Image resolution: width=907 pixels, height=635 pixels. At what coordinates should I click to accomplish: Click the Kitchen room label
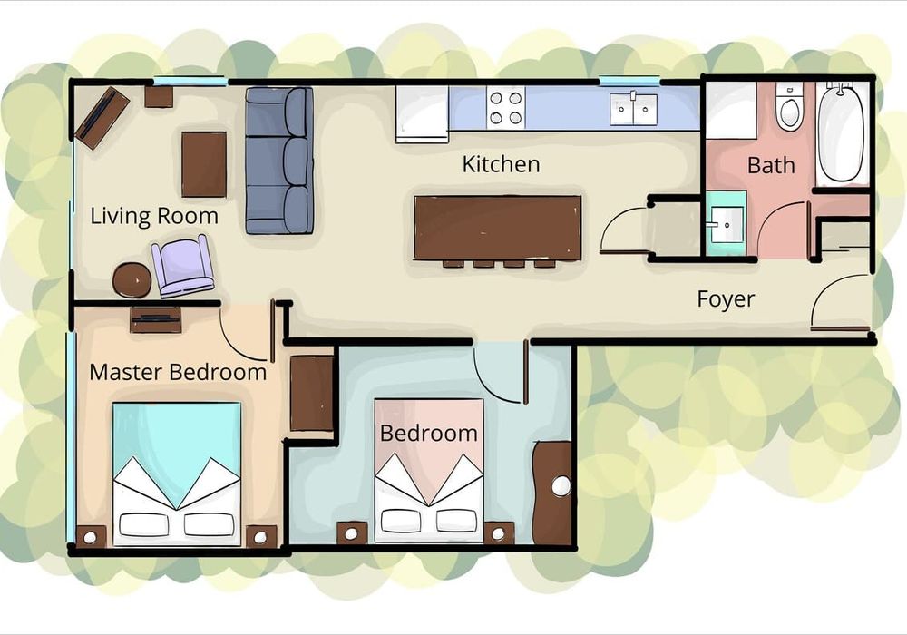pyautogui.click(x=501, y=164)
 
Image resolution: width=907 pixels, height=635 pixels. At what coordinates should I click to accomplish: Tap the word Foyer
pyautogui.click(x=726, y=299)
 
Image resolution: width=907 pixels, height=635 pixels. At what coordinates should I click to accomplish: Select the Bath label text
pyautogui.click(x=771, y=165)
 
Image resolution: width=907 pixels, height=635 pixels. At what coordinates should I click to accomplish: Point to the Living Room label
pyautogui.click(x=154, y=216)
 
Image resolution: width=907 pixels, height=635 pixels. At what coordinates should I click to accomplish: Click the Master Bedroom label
pyautogui.click(x=178, y=372)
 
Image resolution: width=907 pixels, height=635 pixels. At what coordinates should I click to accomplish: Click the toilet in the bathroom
pyautogui.click(x=788, y=106)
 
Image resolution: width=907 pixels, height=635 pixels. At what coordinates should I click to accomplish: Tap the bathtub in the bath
pyautogui.click(x=841, y=133)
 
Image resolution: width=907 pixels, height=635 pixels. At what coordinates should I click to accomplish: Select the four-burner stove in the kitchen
pyautogui.click(x=505, y=108)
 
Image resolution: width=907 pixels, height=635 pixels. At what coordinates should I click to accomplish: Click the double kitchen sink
pyautogui.click(x=633, y=109)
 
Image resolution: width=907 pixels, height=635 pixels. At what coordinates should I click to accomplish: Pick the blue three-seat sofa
pyautogui.click(x=279, y=161)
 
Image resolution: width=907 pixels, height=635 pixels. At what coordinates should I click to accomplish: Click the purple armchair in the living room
pyautogui.click(x=182, y=267)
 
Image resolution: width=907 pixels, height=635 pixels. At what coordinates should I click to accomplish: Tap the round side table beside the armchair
pyautogui.click(x=132, y=280)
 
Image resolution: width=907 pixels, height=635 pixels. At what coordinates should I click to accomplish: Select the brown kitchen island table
pyautogui.click(x=497, y=229)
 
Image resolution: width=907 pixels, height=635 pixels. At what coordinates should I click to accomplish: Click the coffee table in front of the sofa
pyautogui.click(x=203, y=165)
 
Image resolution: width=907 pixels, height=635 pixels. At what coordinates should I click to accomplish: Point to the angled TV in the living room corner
pyautogui.click(x=102, y=117)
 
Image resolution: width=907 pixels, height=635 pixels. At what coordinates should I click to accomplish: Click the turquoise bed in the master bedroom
pyautogui.click(x=177, y=474)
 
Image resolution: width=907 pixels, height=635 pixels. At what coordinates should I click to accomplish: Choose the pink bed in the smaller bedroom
pyautogui.click(x=429, y=470)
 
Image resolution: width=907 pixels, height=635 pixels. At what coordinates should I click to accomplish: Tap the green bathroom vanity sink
pyautogui.click(x=726, y=224)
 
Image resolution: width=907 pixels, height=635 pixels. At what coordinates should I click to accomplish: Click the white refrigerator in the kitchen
pyautogui.click(x=423, y=114)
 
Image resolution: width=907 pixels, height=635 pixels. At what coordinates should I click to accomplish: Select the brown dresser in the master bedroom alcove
pyautogui.click(x=312, y=394)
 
